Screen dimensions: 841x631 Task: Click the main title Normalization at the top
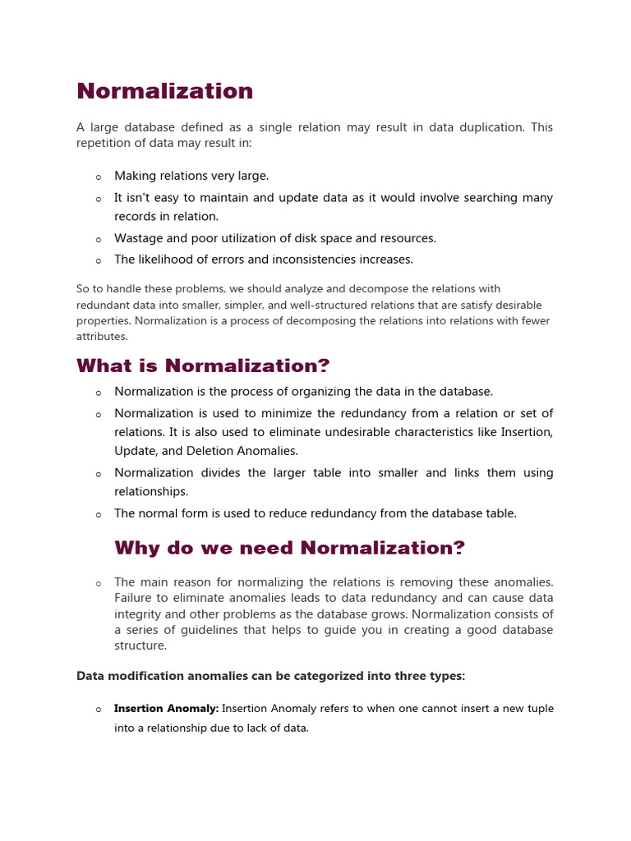(x=164, y=91)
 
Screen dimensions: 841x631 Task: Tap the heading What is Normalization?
(x=203, y=365)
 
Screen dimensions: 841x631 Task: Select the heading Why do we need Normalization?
(x=289, y=548)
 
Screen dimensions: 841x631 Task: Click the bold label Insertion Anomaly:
(x=166, y=709)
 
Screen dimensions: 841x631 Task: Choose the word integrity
(x=137, y=614)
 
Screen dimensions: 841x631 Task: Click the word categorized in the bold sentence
(x=337, y=676)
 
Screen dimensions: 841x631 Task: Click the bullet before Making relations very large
(x=99, y=177)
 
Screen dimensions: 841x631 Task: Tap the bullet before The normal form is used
(x=99, y=515)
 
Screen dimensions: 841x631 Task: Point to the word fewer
(x=533, y=321)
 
